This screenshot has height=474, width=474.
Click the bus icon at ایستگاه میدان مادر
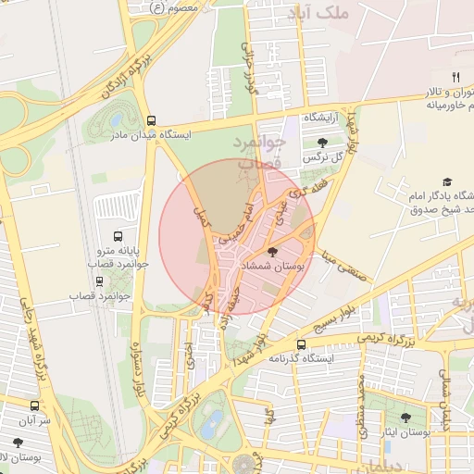(x=151, y=119)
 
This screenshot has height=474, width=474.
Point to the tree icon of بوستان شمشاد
(x=272, y=252)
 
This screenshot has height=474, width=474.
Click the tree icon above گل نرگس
(x=321, y=143)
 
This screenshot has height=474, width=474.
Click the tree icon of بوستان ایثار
(x=405, y=418)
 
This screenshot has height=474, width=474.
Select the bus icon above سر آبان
(x=34, y=405)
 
